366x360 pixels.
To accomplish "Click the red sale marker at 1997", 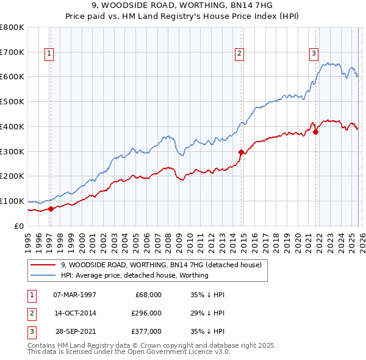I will [x=51, y=209].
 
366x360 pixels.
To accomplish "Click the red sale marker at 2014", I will [x=241, y=152].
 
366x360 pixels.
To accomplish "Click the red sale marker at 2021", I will [x=316, y=132].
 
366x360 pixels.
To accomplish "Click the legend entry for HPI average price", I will [x=134, y=275].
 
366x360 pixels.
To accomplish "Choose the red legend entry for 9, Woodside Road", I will [x=161, y=265].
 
